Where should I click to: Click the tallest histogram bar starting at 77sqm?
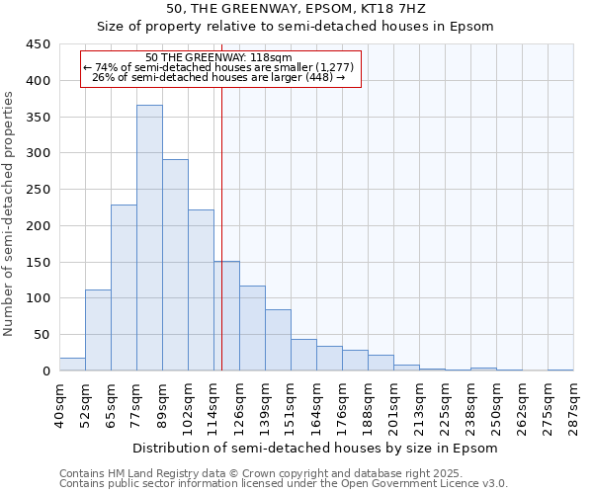pos(149,237)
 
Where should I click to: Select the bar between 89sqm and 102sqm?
pos(175,265)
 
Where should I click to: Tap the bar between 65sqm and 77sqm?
pos(124,288)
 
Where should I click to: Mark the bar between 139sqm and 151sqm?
pos(278,340)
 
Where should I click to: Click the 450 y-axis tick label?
pos(38,44)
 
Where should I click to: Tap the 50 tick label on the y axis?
pos(42,335)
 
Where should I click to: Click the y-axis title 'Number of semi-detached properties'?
pos(10,213)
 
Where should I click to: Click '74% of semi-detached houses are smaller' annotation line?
pos(221,66)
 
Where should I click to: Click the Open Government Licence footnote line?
pos(284,484)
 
